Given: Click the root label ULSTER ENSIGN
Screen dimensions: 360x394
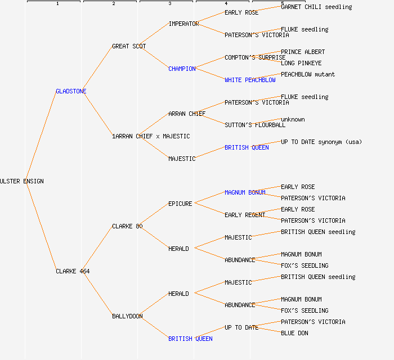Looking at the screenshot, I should point(22,181).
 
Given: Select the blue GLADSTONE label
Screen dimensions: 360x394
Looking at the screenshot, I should point(71,91).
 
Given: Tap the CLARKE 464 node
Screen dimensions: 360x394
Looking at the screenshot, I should point(73,271).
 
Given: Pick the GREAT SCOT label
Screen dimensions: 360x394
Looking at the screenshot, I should point(129,46).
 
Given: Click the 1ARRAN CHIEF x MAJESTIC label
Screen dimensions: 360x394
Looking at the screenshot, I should point(151,136).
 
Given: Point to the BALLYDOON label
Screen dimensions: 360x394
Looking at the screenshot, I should point(127,316).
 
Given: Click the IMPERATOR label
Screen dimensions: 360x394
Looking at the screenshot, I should point(183,24).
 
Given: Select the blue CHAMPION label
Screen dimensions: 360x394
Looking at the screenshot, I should point(182,69).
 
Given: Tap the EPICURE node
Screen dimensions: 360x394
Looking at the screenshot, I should point(180,204).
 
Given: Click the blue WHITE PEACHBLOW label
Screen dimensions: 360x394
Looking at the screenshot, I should point(250,80).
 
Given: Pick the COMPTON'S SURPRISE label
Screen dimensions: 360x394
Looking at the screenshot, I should point(255,57).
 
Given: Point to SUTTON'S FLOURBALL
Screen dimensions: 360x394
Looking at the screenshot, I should point(255,125).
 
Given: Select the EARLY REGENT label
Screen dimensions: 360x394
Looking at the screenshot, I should point(245,215).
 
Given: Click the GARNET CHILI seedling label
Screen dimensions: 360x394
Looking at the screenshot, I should point(316,7).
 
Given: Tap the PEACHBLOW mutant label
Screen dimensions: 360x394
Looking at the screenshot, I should point(308,74).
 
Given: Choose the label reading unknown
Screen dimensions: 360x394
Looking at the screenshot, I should point(293,119).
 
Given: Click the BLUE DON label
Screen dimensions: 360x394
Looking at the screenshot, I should point(294,333).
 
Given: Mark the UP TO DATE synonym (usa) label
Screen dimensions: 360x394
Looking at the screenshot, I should point(321,142).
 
